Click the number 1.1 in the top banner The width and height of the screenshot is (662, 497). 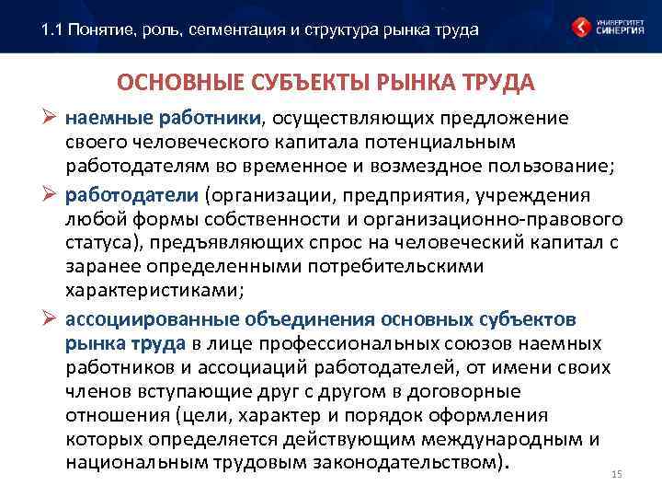pos(51,30)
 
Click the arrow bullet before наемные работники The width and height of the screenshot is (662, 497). pos(51,119)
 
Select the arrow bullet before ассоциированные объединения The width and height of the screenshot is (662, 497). pos(51,319)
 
